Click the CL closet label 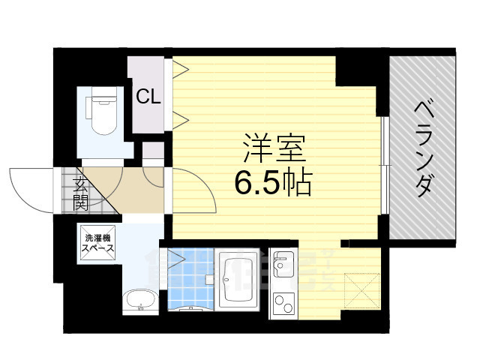pos(148,97)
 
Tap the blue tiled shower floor pos(189,285)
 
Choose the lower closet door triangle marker pos(180,117)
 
